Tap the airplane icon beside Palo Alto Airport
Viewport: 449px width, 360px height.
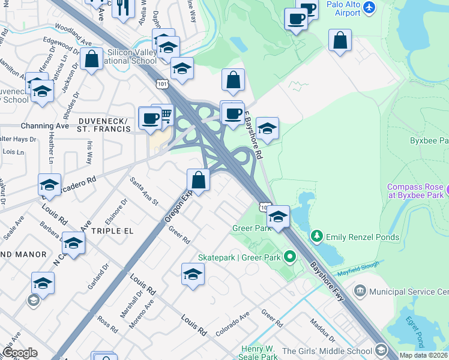point(369,8)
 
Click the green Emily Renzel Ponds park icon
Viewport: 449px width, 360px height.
point(317,237)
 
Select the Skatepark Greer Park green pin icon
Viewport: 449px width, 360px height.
point(291,258)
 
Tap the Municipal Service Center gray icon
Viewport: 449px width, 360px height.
point(360,292)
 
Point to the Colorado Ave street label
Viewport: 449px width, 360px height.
point(232,324)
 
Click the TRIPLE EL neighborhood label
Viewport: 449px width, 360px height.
point(112,230)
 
